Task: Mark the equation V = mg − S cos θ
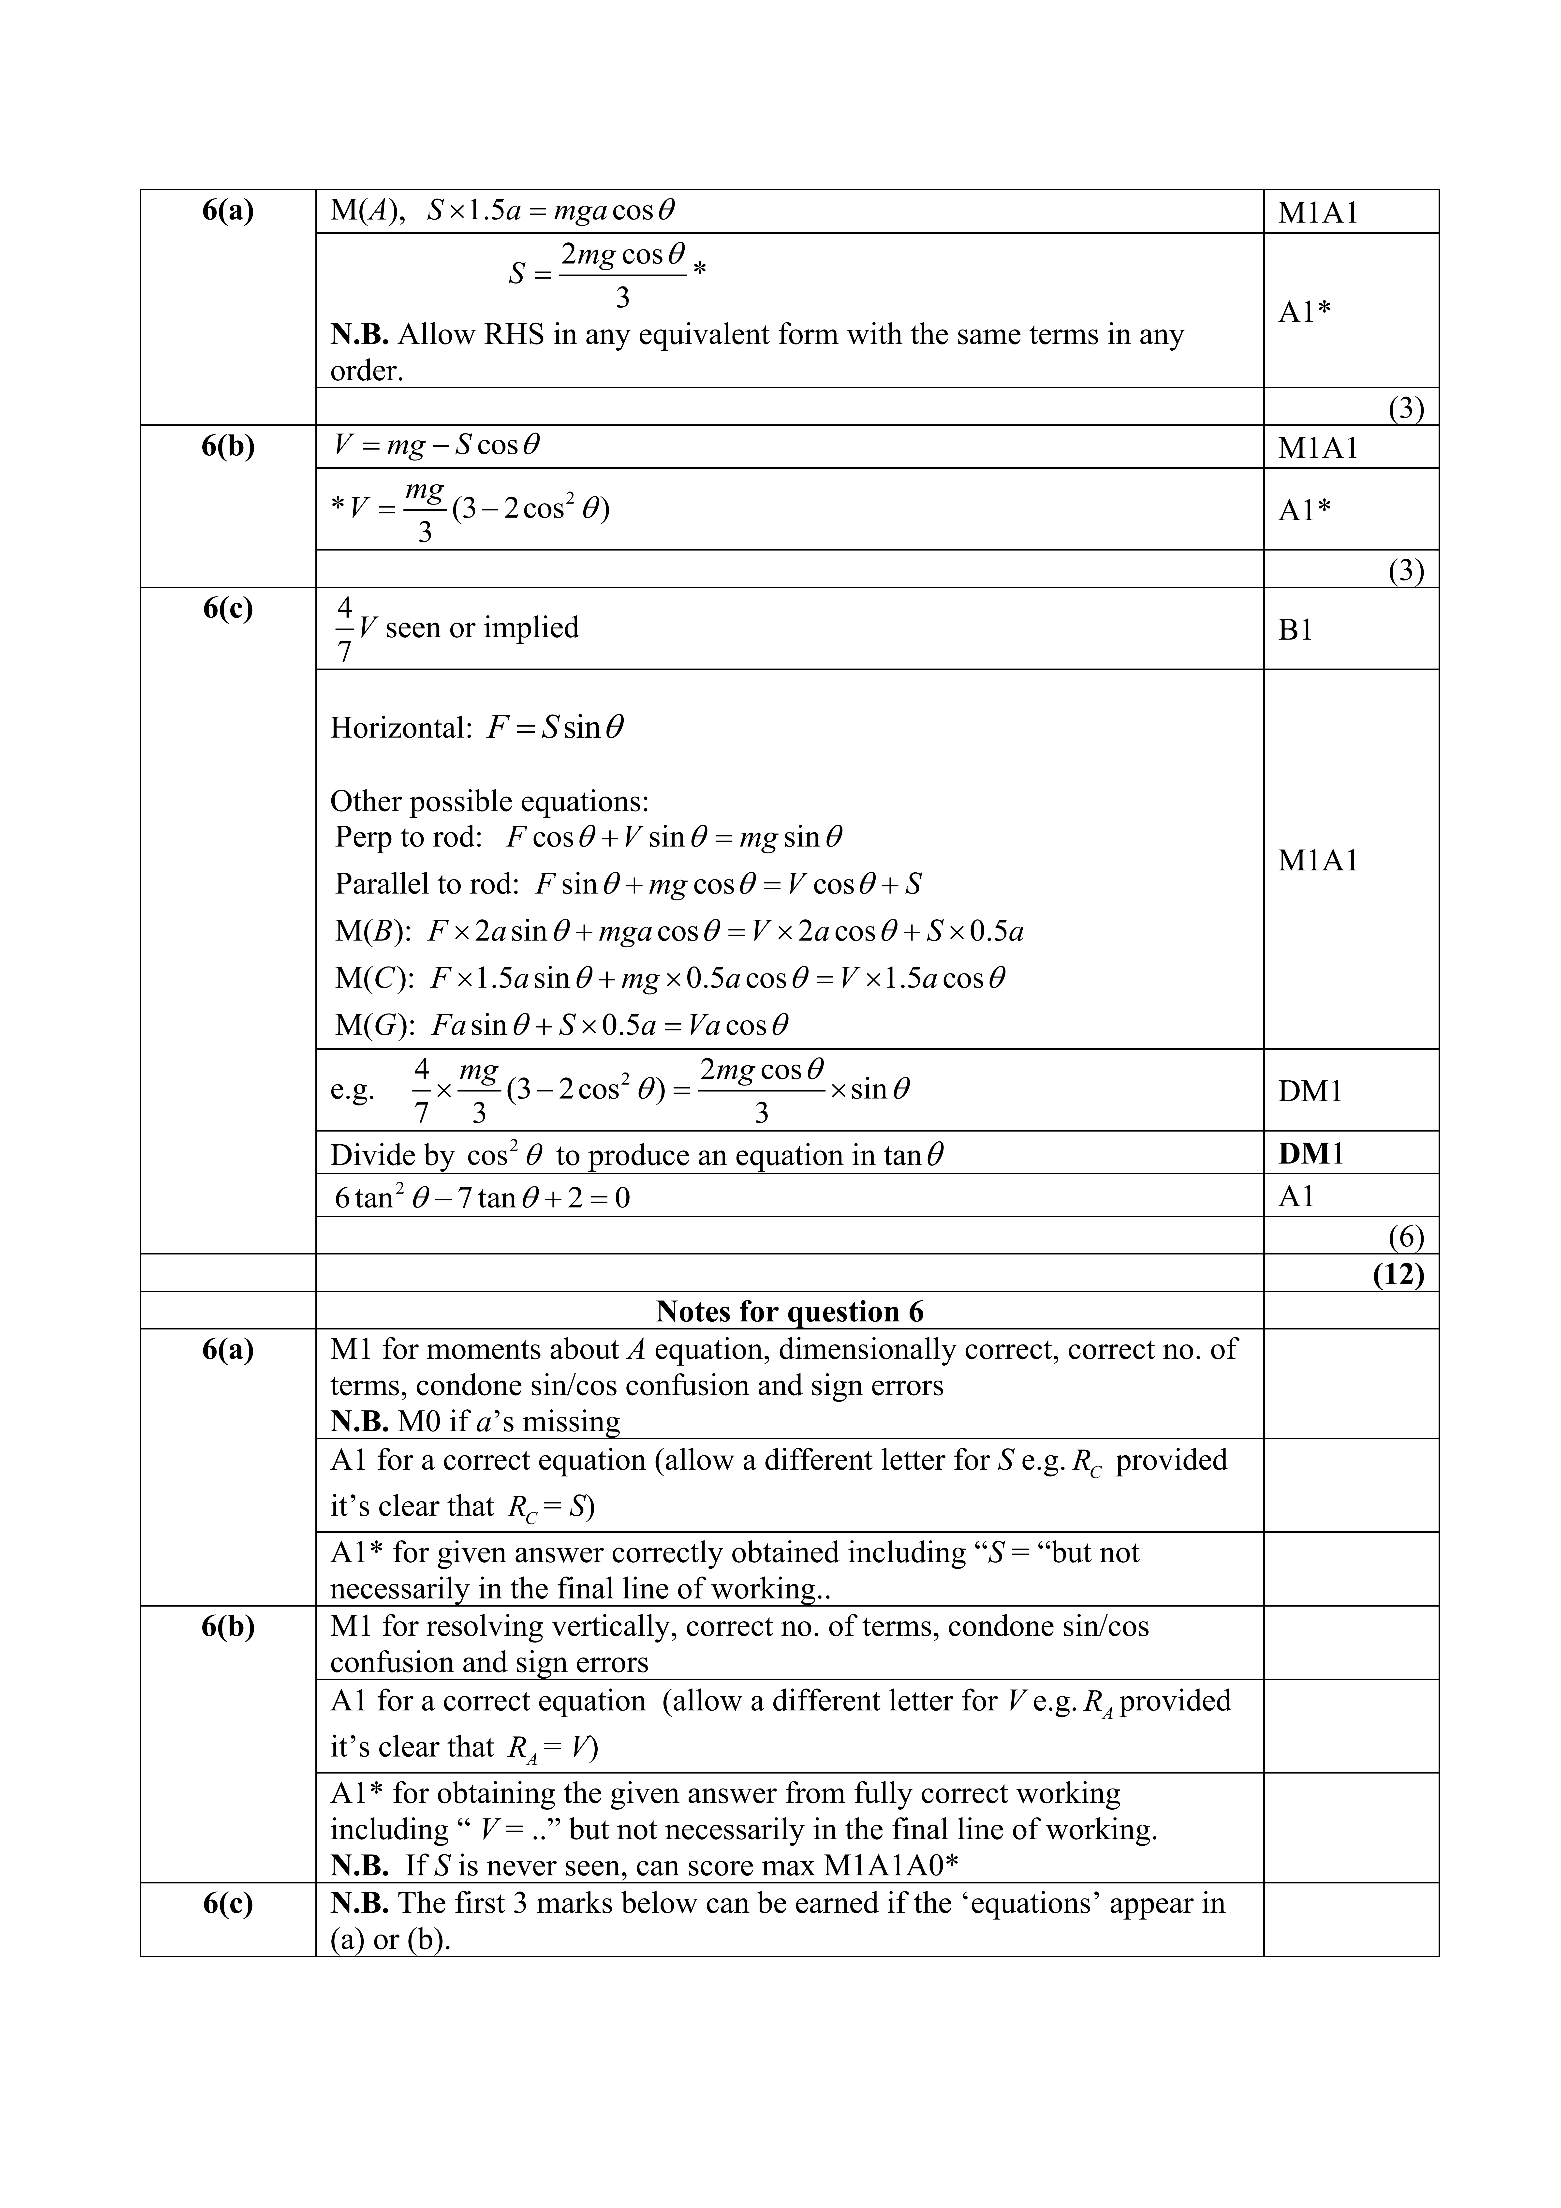point(436,445)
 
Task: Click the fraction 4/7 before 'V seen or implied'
point(344,629)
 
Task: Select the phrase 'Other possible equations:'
point(489,801)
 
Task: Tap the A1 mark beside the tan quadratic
point(1296,1196)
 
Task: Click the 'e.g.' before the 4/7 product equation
point(352,1090)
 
